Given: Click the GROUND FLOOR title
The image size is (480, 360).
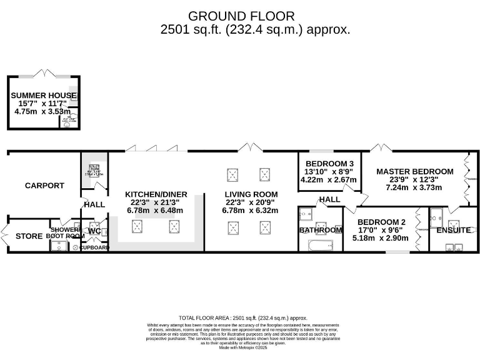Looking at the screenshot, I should coord(241,16).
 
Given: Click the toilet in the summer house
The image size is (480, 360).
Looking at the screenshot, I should coord(67,123).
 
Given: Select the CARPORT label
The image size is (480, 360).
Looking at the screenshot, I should coord(44,186).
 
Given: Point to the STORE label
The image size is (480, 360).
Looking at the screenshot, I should coord(29,236).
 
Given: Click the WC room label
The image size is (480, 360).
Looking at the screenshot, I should coord(94,231).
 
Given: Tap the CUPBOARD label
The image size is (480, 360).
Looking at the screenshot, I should coord(94,247).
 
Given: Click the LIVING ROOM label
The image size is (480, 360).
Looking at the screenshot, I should coord(251,194).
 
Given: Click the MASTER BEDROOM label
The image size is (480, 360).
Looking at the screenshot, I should coord(414,171).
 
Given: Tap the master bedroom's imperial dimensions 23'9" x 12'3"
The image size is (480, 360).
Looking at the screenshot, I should coord(414,179).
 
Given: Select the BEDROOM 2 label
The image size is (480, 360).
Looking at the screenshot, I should coord(381,222).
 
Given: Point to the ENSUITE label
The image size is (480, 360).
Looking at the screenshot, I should coord(453,230).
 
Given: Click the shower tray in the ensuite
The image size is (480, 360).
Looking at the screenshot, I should coord(439,215).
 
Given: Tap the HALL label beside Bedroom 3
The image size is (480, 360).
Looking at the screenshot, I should coord(329,199).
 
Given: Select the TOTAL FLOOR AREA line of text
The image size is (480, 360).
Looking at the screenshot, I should coord(242,318).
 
